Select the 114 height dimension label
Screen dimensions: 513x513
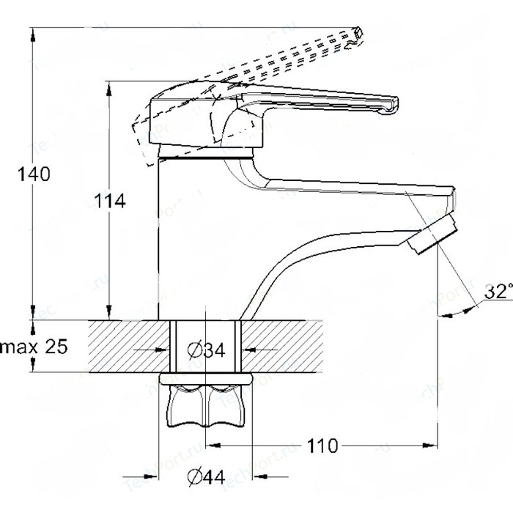110,200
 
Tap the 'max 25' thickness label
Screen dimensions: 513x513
33,347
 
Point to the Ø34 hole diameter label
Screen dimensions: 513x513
205,351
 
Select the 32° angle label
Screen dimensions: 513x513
498,292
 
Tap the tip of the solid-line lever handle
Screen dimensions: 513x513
390,105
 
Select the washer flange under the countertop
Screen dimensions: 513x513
206,380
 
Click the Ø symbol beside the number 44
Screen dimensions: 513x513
195,477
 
